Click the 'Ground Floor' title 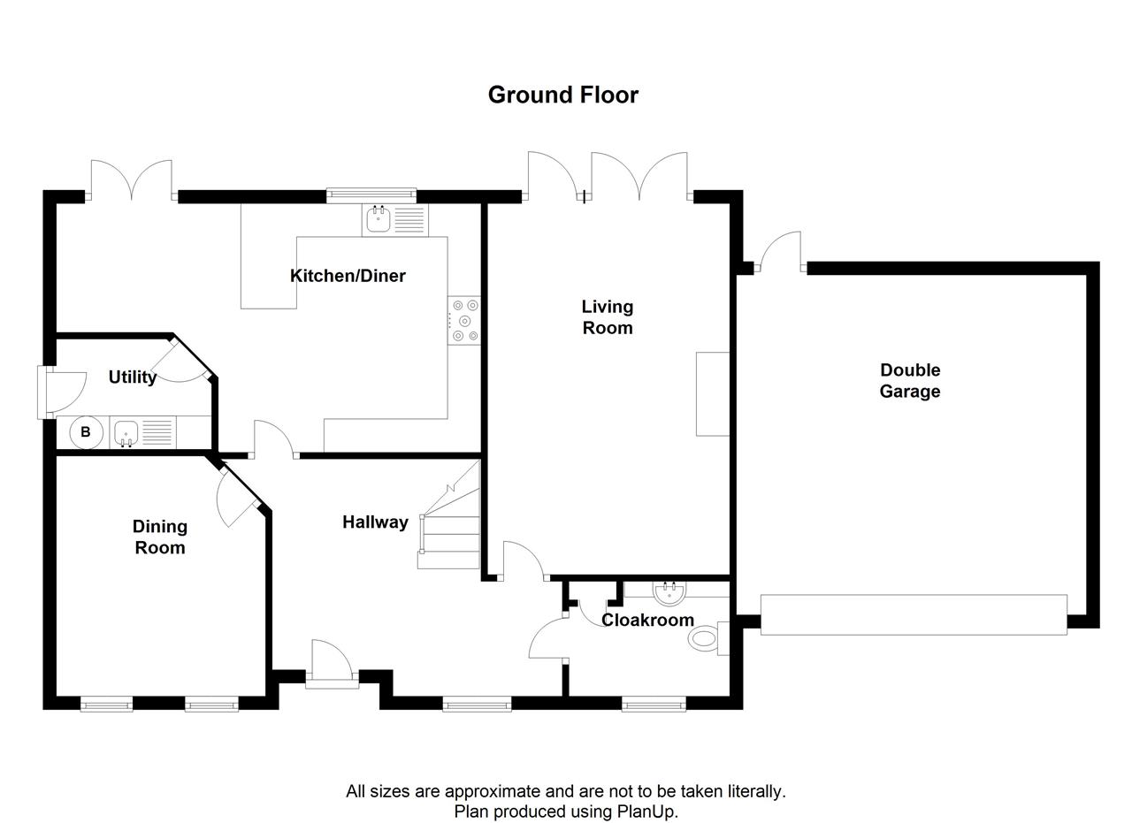click(x=562, y=95)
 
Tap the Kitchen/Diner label click(x=348, y=276)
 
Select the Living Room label click(x=607, y=317)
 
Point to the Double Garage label click(x=909, y=381)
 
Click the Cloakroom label click(x=647, y=620)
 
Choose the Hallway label click(x=375, y=522)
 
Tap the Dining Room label click(x=159, y=537)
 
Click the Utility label click(x=133, y=377)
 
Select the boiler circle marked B click(x=86, y=432)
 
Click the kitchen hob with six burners click(x=464, y=320)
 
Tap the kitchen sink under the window click(x=379, y=218)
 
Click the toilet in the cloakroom click(x=705, y=638)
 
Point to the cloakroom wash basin click(x=669, y=590)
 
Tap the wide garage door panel click(x=914, y=614)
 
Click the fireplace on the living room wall click(x=713, y=393)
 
